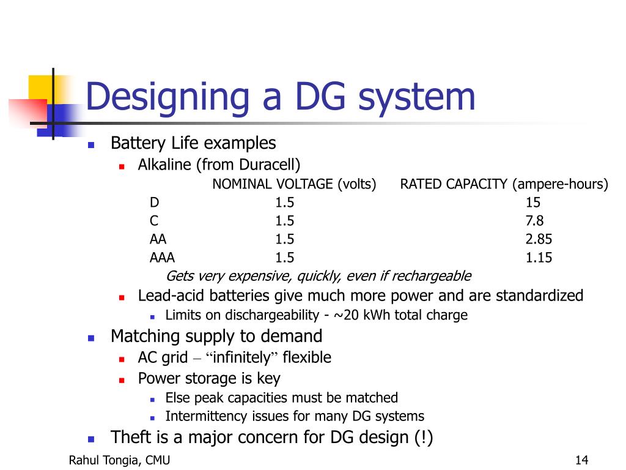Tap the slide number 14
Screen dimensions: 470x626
tap(581, 460)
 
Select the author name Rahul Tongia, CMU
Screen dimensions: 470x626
tap(119, 460)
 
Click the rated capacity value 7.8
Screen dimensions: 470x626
tap(534, 221)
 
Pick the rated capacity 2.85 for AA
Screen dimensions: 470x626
tap(539, 239)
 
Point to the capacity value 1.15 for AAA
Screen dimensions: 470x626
tap(539, 258)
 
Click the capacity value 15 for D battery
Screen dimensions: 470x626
tap(532, 203)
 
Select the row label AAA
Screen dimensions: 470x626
tap(162, 258)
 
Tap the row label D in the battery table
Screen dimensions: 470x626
tap(154, 203)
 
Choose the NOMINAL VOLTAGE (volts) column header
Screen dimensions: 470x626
tap(294, 184)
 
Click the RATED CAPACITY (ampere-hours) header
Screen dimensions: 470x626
tap(504, 184)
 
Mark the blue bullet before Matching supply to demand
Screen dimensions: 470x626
tap(91, 337)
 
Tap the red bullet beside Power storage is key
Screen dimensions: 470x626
tap(122, 379)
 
